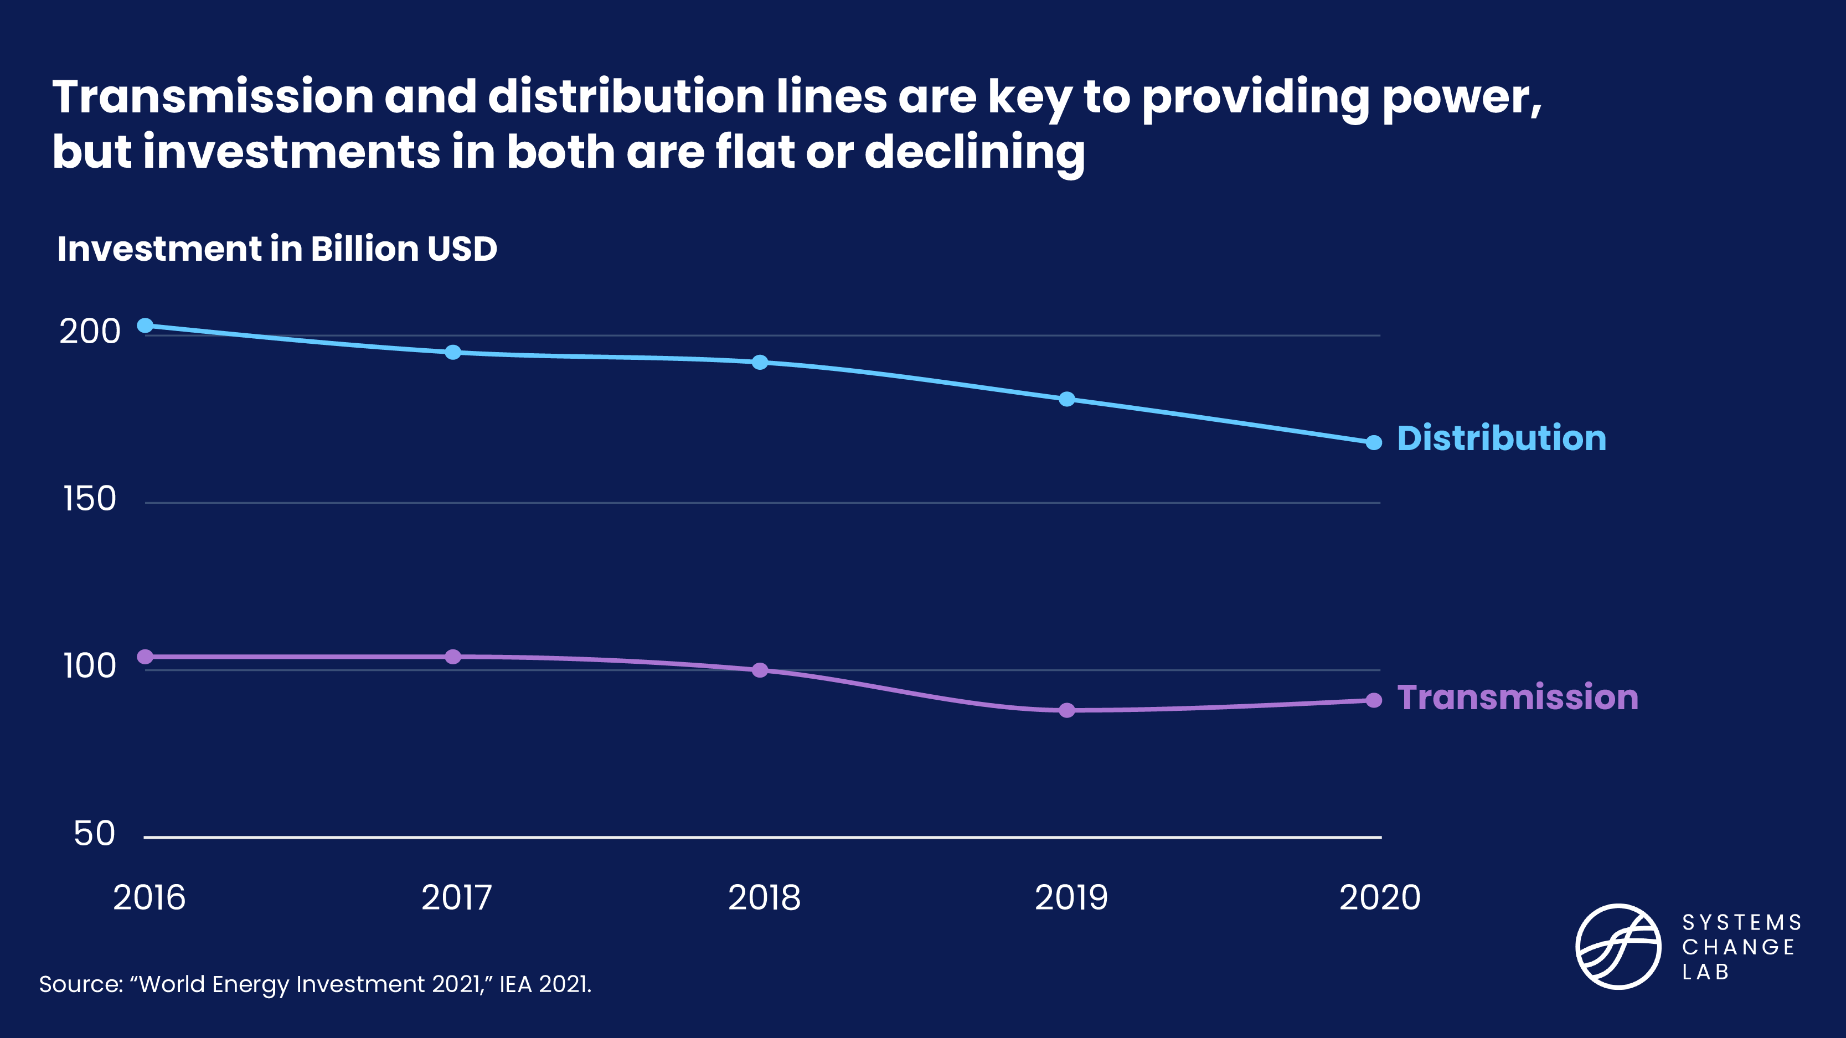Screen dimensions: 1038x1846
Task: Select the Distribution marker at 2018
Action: [760, 363]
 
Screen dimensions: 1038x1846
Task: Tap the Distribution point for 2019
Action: [1067, 399]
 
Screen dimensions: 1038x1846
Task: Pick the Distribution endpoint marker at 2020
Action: [1374, 443]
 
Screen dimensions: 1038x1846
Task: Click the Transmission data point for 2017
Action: [453, 657]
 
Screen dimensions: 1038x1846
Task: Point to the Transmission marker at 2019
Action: [1067, 711]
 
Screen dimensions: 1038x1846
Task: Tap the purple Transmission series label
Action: [1518, 698]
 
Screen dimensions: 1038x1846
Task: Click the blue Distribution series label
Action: [1501, 438]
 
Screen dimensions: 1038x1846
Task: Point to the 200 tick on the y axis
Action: [90, 332]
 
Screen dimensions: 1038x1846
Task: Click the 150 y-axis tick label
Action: [90, 499]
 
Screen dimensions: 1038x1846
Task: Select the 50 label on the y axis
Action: [94, 834]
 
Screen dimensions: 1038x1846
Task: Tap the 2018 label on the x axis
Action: [764, 897]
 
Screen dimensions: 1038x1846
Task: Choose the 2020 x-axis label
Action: [1379, 897]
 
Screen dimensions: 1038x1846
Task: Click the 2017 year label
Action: [456, 897]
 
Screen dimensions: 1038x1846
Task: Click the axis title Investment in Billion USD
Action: [277, 249]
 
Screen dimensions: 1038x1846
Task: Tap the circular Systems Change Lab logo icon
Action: [1618, 946]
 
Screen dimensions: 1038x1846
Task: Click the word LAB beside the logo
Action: [1705, 972]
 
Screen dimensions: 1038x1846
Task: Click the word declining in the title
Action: [974, 153]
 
